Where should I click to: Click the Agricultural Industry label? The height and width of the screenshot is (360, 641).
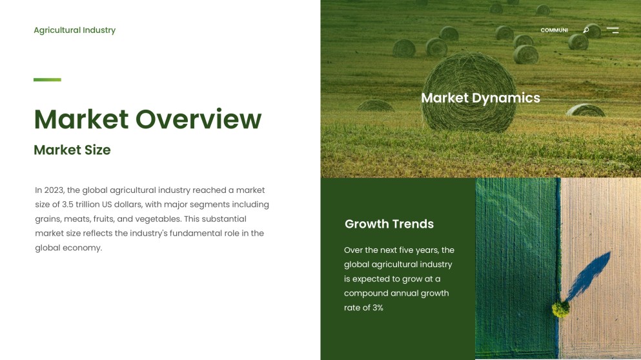[74, 30]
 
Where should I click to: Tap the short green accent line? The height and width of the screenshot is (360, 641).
[47, 80]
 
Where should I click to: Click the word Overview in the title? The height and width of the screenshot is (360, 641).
[198, 119]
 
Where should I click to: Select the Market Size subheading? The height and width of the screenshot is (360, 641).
[72, 150]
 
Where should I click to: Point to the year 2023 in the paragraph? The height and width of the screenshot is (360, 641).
[54, 190]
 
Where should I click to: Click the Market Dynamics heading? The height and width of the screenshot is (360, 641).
[480, 98]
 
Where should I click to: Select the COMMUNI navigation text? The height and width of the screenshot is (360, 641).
[554, 30]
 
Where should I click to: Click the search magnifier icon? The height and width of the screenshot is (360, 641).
[586, 30]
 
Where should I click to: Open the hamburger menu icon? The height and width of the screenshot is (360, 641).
[613, 30]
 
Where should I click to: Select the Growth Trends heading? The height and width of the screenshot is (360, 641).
[389, 224]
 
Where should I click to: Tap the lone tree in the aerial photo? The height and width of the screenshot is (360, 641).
[560, 310]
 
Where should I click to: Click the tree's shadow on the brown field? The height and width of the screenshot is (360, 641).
[591, 274]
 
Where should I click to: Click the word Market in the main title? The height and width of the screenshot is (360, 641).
[81, 119]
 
